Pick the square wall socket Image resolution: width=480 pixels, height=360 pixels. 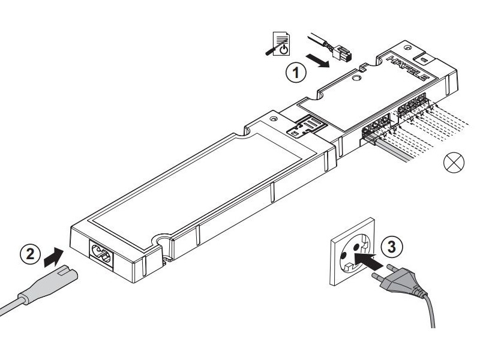click(349, 259)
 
